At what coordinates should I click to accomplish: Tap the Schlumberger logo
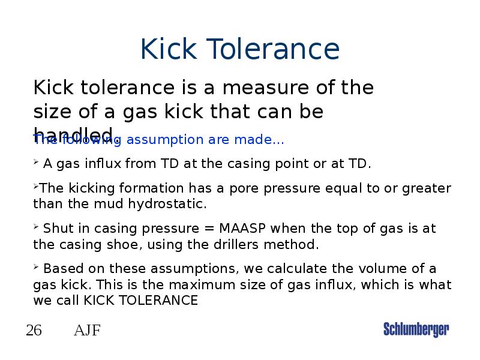416,329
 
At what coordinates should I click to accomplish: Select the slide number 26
34,330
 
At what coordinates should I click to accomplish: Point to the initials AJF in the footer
87,330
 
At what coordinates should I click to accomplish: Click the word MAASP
244,229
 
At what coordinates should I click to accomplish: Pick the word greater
428,188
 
